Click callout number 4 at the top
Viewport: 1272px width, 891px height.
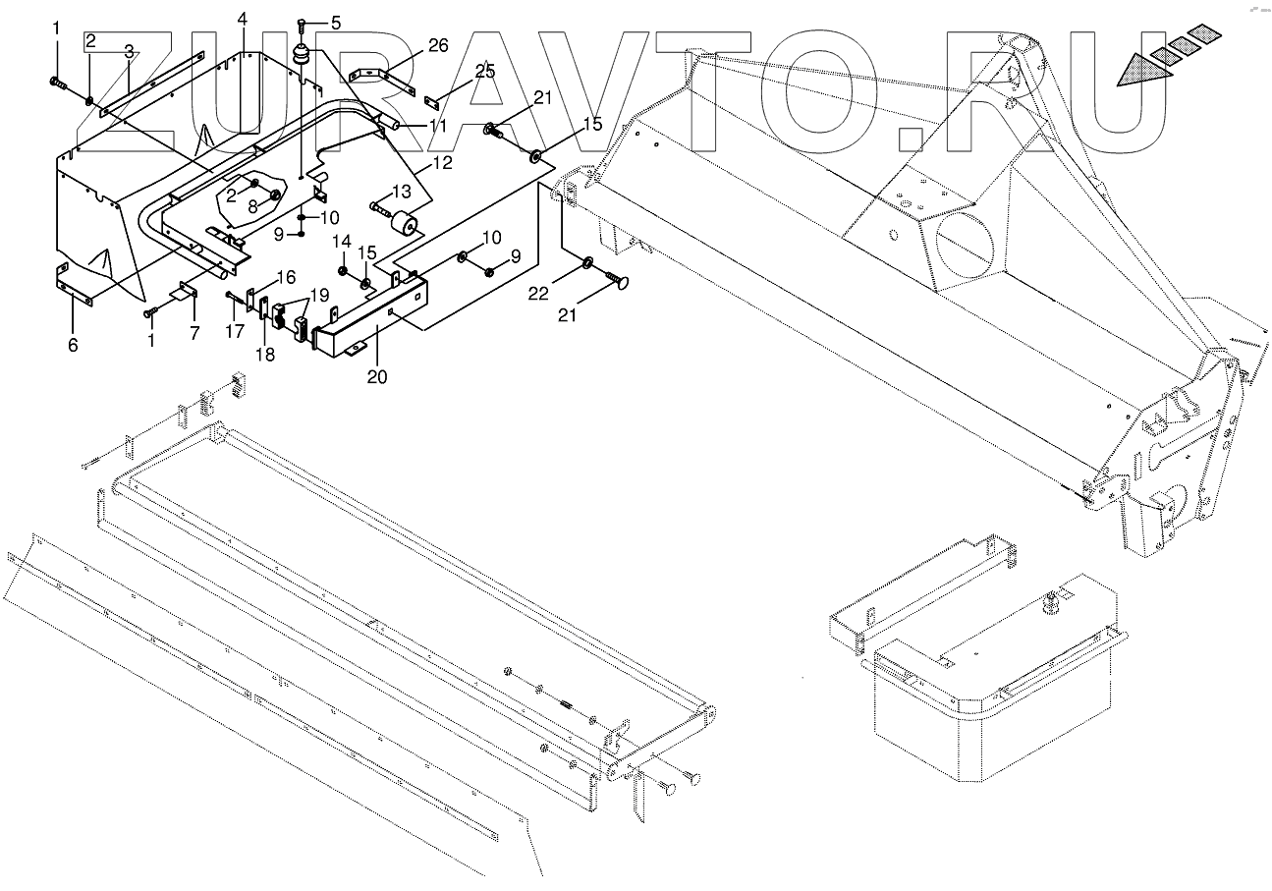(x=243, y=20)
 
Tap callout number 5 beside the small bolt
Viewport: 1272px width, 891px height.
(x=336, y=23)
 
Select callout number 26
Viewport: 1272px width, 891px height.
(x=437, y=45)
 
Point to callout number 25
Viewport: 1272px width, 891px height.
(x=485, y=71)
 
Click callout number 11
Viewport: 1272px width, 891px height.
(x=437, y=127)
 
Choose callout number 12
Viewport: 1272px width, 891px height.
(x=442, y=162)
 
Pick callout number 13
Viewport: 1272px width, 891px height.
(x=401, y=191)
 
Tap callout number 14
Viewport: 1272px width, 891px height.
(x=341, y=242)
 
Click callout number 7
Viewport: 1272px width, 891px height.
(x=194, y=334)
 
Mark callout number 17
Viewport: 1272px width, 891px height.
(x=234, y=332)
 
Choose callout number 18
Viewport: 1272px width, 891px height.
(x=265, y=354)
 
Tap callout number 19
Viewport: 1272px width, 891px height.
(x=320, y=294)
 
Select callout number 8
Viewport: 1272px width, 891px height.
(x=251, y=206)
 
